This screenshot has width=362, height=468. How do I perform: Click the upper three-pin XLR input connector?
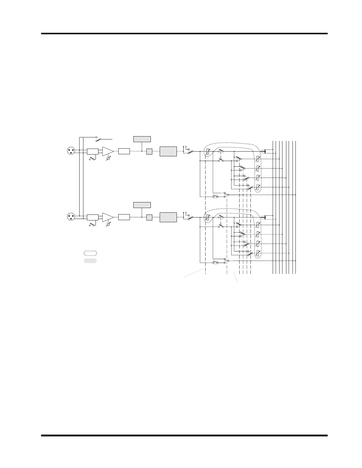click(x=71, y=151)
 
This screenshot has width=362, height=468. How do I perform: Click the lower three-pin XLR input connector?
click(x=71, y=217)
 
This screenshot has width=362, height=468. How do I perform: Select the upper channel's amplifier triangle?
click(x=107, y=151)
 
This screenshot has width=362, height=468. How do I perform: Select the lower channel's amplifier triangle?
click(x=107, y=217)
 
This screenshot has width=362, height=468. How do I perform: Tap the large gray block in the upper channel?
click(x=168, y=151)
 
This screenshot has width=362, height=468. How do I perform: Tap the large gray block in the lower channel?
click(x=168, y=217)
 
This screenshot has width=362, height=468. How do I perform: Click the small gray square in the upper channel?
click(x=149, y=151)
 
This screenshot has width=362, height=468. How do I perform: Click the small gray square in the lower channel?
click(x=149, y=217)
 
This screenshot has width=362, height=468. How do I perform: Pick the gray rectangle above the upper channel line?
click(x=142, y=139)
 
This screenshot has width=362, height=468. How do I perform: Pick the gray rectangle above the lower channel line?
click(x=142, y=205)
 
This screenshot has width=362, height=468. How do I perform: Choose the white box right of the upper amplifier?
click(x=124, y=151)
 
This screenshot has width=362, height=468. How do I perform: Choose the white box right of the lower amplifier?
click(x=124, y=217)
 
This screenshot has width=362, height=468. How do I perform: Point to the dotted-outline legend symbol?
click(x=90, y=253)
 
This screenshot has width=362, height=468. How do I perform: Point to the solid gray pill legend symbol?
click(x=90, y=261)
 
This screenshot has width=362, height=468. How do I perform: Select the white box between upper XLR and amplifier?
click(x=93, y=151)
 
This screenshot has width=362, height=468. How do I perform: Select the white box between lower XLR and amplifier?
click(x=93, y=217)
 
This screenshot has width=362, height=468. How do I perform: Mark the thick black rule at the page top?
click(x=184, y=34)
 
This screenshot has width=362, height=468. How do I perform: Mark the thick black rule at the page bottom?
click(x=184, y=435)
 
